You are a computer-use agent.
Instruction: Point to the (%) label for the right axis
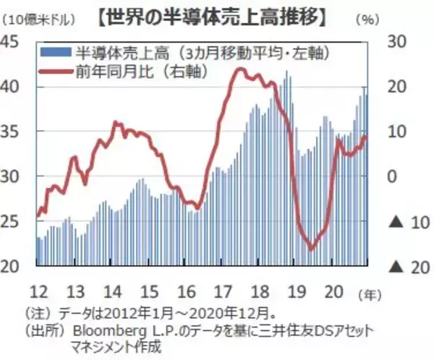click(368, 20)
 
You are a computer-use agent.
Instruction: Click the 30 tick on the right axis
click(396, 41)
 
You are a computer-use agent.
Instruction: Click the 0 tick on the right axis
click(393, 177)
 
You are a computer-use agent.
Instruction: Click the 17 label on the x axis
click(222, 291)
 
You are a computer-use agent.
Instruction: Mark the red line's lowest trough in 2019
click(312, 249)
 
